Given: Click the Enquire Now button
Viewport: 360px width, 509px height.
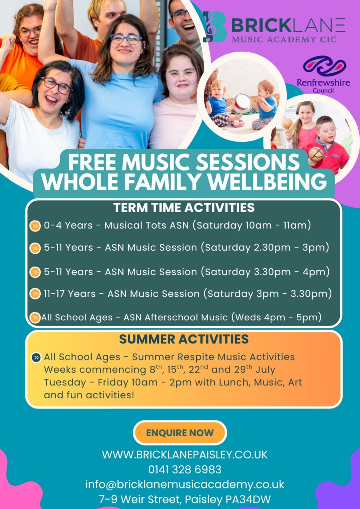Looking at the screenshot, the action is point(180,433).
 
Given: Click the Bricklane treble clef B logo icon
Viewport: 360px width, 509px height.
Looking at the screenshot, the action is point(215,27).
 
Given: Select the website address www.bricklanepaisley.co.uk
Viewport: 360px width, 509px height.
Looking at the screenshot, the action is point(185,454).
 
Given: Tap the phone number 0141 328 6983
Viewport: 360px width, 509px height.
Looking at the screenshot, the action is point(185,469).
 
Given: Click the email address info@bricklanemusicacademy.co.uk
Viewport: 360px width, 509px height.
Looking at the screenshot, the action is point(185,484).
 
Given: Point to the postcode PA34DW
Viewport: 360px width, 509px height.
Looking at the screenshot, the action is point(248,499).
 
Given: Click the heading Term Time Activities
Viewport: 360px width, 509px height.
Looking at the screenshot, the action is point(184,208).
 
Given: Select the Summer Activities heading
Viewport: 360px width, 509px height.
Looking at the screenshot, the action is point(184,339).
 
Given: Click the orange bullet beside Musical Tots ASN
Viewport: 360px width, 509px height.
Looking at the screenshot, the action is point(35,226).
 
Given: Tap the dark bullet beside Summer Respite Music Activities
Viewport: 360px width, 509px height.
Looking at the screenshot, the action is point(36,358).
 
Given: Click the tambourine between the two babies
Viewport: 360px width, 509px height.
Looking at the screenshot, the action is point(242,103).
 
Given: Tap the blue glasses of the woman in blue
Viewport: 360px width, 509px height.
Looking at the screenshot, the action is point(126,39).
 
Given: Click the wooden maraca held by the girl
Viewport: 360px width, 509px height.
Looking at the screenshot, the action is point(287,125).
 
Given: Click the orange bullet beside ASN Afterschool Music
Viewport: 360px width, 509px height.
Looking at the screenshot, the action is point(35,318).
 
